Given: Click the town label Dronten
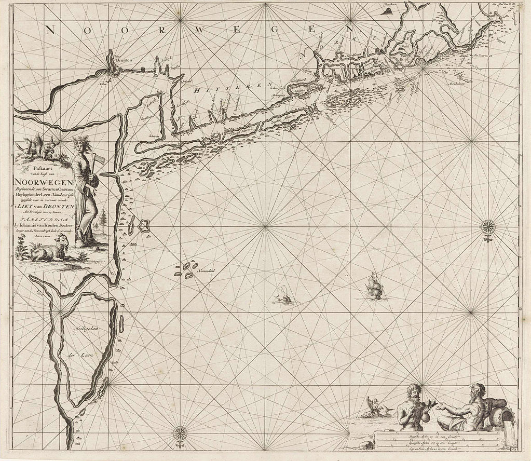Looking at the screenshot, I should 125,60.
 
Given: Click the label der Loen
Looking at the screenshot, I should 78,355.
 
